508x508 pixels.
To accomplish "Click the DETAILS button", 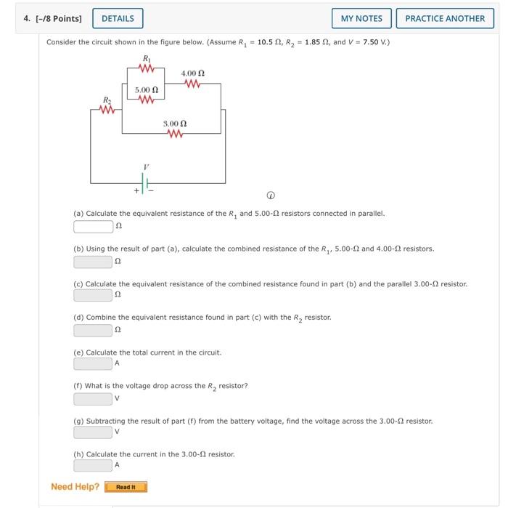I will (x=118, y=18).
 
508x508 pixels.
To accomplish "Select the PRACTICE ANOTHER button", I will (x=444, y=18).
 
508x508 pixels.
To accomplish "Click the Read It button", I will (x=126, y=487).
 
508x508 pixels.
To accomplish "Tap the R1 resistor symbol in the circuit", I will (x=147, y=70).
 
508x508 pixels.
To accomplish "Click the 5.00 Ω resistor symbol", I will (x=147, y=100).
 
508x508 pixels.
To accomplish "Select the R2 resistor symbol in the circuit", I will (x=107, y=110).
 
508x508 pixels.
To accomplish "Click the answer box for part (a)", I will (x=93, y=227).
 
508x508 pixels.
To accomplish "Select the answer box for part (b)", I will (x=93, y=261).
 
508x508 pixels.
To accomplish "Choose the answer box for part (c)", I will (x=93, y=295).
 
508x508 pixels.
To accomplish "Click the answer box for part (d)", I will (x=93, y=330).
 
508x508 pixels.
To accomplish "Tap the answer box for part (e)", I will (x=93, y=363).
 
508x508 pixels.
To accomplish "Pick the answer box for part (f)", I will (x=93, y=398).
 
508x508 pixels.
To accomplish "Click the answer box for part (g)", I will (x=93, y=432).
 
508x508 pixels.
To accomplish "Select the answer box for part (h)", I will (x=93, y=465).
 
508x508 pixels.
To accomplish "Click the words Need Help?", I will (x=75, y=487).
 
